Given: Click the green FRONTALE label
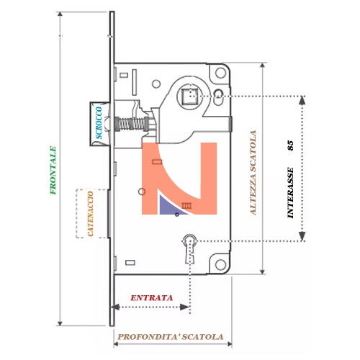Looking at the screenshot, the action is (53, 170).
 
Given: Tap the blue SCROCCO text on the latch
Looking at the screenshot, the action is (99, 122).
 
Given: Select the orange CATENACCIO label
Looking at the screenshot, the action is (90, 214).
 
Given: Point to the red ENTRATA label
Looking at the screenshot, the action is (151, 298).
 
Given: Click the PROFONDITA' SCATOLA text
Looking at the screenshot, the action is (171, 337).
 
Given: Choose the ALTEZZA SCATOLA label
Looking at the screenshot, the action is (253, 172).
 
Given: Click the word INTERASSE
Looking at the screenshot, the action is (290, 193).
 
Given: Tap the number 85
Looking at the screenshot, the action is (290, 145).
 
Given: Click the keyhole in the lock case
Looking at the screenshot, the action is (189, 248).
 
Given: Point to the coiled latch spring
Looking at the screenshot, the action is (131, 124).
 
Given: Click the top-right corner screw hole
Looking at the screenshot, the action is (220, 73).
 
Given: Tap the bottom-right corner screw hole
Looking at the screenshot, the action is (220, 264).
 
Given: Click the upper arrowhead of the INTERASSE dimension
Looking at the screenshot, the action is (302, 100).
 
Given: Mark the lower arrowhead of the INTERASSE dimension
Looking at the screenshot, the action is (302, 236).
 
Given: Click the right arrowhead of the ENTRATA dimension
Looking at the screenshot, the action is (185, 307).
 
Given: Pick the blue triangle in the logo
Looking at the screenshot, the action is (170, 207).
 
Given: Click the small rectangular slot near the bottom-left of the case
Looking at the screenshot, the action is (130, 263).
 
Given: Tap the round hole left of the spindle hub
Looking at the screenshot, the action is (156, 84).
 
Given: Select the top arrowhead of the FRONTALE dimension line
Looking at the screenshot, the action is (60, 14).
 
